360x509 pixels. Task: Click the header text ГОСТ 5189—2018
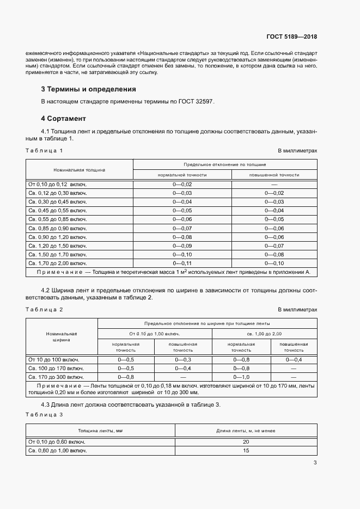291,37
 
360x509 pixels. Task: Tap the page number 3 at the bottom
315,463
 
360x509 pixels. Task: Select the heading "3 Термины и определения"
88,89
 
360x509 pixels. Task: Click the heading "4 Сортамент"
63,118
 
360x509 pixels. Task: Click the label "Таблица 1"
44,150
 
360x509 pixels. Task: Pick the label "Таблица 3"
44,415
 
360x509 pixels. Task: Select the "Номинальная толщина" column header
80,170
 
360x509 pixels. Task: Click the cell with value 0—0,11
182,263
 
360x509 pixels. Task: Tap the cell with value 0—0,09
182,246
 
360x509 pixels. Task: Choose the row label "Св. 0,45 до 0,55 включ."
57,211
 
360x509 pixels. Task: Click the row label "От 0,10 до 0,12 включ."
57,185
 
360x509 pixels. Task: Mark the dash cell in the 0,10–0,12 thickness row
274,185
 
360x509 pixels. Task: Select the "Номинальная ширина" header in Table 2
62,336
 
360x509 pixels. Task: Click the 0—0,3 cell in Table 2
183,360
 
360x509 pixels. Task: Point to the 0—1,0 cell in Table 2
241,377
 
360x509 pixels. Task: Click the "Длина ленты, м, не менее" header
246,431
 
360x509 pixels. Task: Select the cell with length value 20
246,442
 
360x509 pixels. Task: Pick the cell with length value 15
246,451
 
